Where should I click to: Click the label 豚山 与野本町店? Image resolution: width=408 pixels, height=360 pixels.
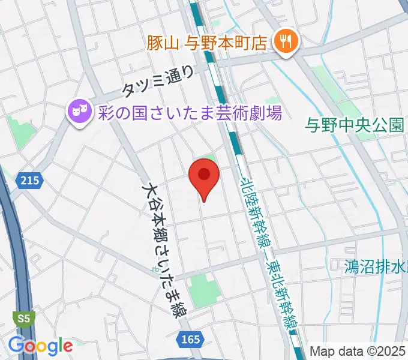(208, 43)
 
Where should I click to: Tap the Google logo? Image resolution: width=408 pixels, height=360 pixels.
(40, 346)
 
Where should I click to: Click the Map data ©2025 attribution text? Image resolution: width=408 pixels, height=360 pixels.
(358, 351)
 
